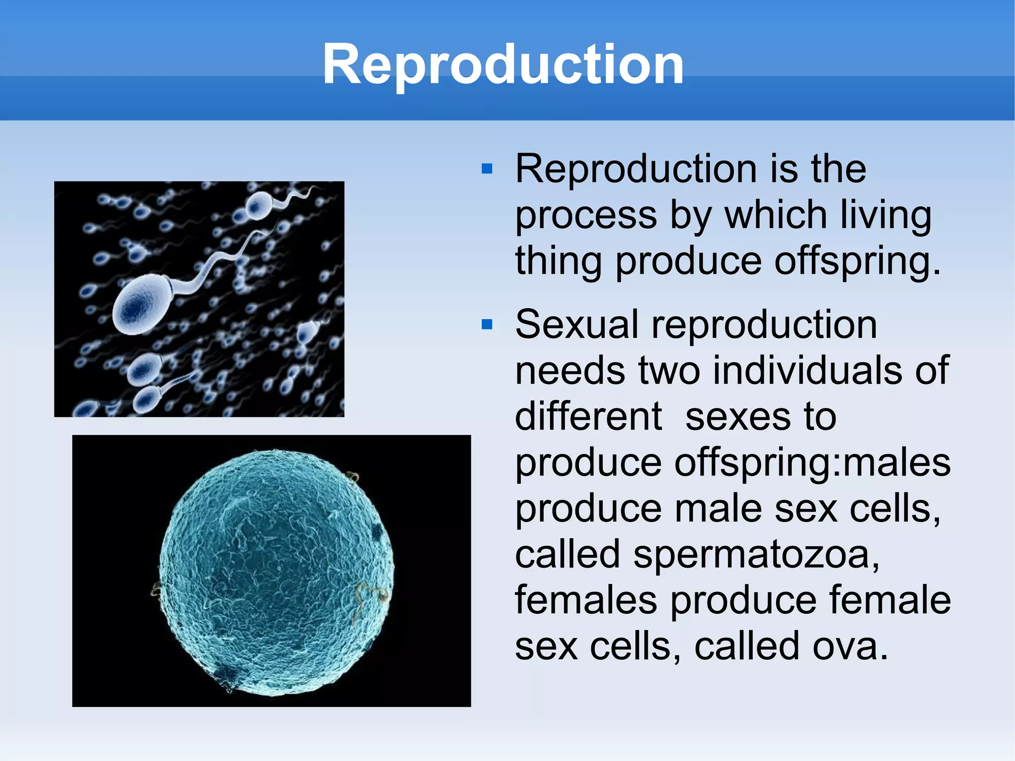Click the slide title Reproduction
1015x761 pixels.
point(503,64)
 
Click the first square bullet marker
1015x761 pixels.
point(487,170)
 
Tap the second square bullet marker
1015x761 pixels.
point(487,325)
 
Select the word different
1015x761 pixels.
point(588,417)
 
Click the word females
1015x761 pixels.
point(586,600)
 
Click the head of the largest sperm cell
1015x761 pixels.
point(141,305)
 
